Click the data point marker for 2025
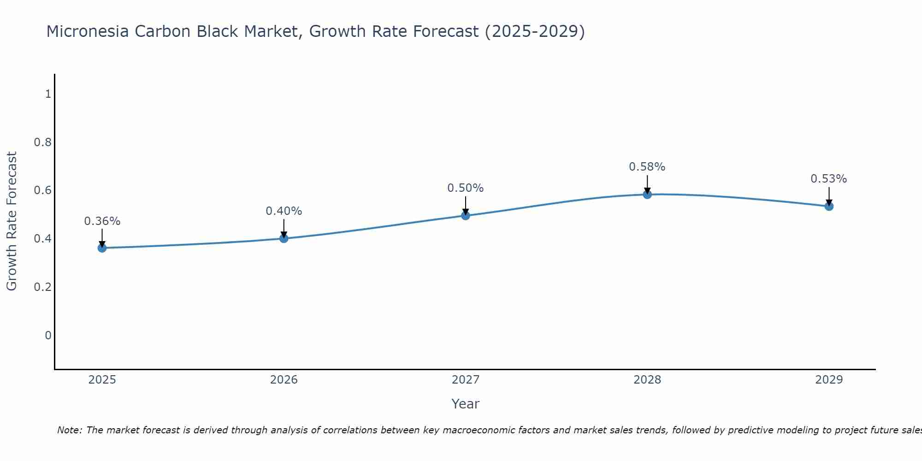pos(102,248)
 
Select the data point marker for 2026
pos(284,238)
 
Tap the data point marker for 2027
pos(466,215)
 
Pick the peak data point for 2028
pos(647,195)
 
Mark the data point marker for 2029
pos(829,206)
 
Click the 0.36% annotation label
pos(102,221)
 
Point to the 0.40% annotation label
pos(284,211)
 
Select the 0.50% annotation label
pos(466,188)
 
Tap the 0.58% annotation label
pos(647,167)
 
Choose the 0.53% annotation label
pos(829,179)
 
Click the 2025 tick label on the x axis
pos(102,380)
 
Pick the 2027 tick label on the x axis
pos(466,380)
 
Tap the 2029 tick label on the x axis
pos(829,380)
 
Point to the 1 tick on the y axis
pos(48,94)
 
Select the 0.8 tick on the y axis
pos(43,142)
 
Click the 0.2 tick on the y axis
pos(43,287)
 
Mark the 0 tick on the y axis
pos(48,335)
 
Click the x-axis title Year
pos(466,404)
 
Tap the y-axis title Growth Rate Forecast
pos(12,221)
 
